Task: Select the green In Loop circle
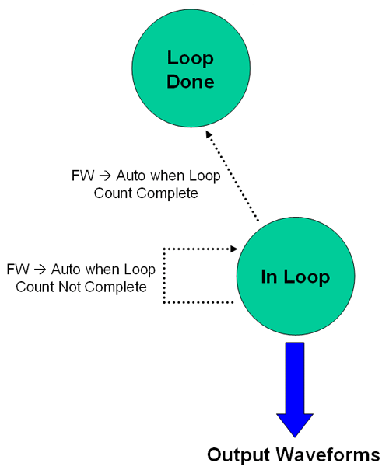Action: click(295, 276)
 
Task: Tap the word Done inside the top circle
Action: click(191, 80)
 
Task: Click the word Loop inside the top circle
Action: click(191, 58)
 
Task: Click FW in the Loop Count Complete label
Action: click(80, 176)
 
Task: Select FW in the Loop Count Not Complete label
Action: click(16, 270)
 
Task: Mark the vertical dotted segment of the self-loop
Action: click(163, 276)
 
